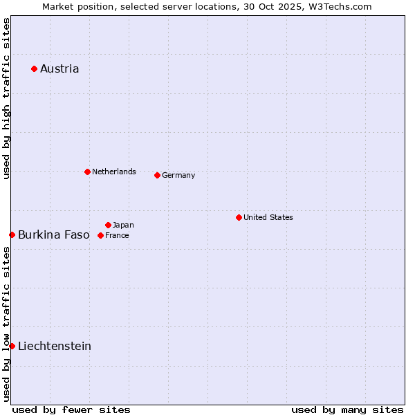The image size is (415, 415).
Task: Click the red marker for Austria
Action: click(x=34, y=68)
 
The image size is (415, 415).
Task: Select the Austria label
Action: click(x=59, y=68)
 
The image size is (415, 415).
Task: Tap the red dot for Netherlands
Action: click(x=87, y=172)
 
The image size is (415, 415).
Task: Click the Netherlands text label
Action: click(x=114, y=172)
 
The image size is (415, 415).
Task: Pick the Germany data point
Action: click(x=157, y=175)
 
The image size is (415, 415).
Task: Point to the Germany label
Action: click(x=178, y=175)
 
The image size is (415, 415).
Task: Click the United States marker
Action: click(x=239, y=217)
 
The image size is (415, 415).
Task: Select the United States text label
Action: click(x=268, y=217)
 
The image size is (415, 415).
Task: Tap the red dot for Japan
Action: click(x=108, y=225)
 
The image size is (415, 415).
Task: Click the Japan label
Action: click(x=123, y=225)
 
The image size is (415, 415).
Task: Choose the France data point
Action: click(x=100, y=235)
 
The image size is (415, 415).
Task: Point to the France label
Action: click(x=117, y=235)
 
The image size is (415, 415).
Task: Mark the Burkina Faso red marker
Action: click(x=12, y=234)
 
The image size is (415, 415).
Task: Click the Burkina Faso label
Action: click(x=54, y=234)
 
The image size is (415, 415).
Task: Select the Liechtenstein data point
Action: click(x=12, y=346)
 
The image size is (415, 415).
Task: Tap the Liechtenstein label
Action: click(x=55, y=346)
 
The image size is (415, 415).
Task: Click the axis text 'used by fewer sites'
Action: click(x=71, y=409)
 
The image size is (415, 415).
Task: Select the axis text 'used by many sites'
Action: click(x=347, y=409)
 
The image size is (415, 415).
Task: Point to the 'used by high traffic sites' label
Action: click(x=6, y=98)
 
